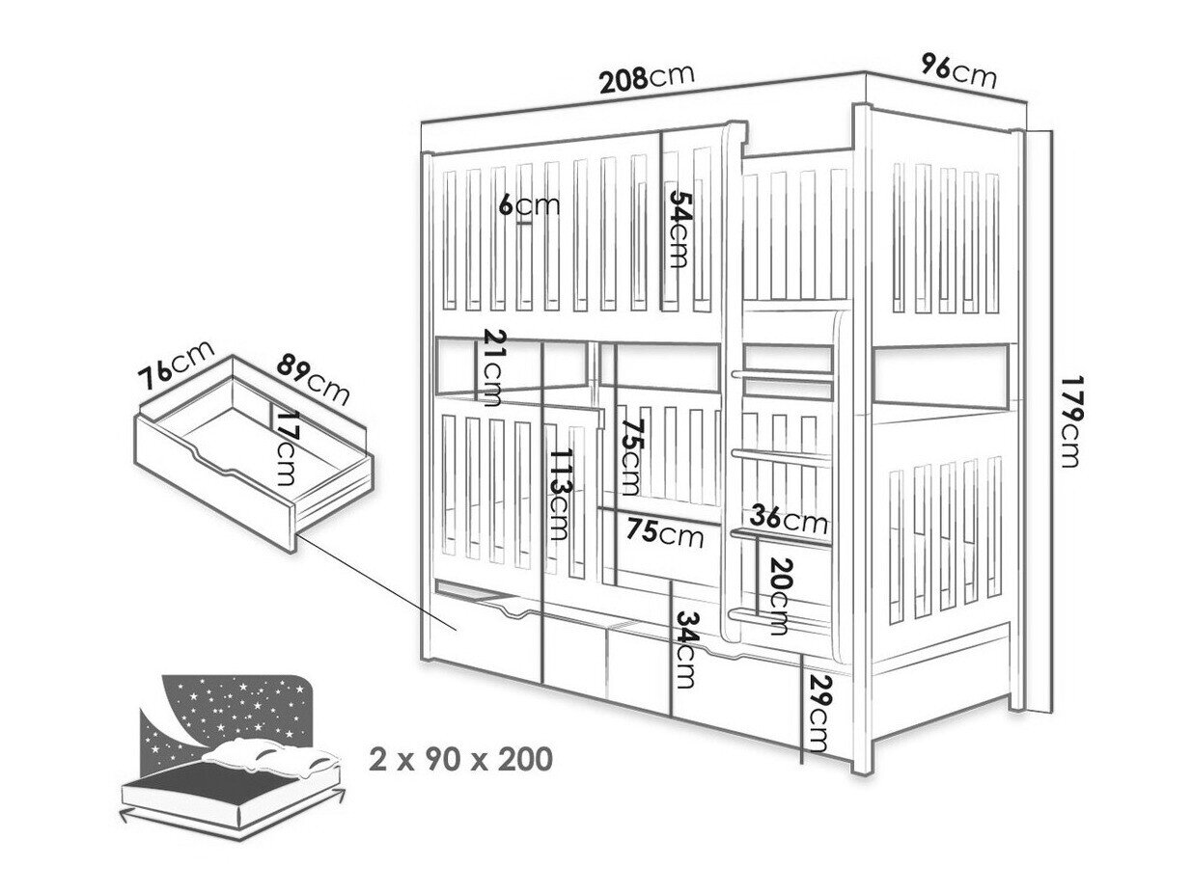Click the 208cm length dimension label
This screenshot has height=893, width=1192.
click(646, 79)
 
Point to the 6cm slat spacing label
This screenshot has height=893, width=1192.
click(529, 205)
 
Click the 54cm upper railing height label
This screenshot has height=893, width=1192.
click(679, 228)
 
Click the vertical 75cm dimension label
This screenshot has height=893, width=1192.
click(632, 457)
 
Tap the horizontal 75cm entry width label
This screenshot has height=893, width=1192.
click(664, 533)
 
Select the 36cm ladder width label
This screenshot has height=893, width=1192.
click(789, 519)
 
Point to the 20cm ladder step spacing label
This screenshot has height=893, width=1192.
click(782, 596)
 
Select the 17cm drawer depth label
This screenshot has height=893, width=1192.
click(284, 447)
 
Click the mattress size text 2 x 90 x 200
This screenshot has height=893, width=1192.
click(460, 760)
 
